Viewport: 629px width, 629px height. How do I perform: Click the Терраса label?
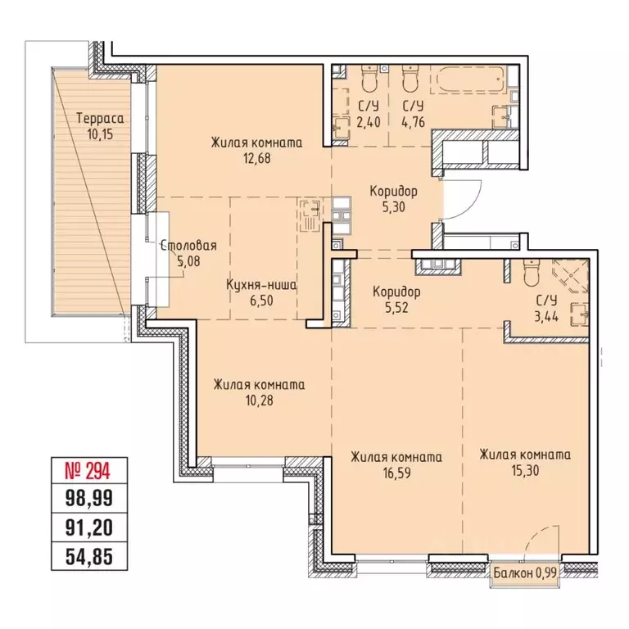pyautogui.click(x=100, y=119)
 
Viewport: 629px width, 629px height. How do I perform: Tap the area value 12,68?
pyautogui.click(x=256, y=158)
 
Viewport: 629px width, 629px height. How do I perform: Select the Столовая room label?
pyautogui.click(x=189, y=246)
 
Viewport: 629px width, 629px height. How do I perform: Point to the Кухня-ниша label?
pyautogui.click(x=261, y=285)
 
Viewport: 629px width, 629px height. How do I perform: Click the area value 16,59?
pyautogui.click(x=396, y=473)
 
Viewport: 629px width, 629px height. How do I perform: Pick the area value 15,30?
pyautogui.click(x=525, y=470)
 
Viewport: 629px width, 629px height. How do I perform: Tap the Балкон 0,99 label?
pyautogui.click(x=525, y=572)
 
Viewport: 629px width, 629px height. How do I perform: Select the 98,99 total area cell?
pyautogui.click(x=89, y=498)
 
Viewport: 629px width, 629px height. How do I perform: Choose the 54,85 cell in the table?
pyautogui.click(x=89, y=557)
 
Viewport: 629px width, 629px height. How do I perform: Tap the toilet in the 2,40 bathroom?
pyautogui.click(x=369, y=79)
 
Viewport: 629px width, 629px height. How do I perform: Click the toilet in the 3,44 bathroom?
pyautogui.click(x=531, y=273)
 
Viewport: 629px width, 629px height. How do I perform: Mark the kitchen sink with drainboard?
pyautogui.click(x=310, y=216)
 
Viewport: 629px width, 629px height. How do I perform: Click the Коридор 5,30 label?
pyautogui.click(x=393, y=199)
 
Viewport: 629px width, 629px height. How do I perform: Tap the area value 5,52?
pyautogui.click(x=396, y=308)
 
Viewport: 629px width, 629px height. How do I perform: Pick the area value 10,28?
pyautogui.click(x=259, y=400)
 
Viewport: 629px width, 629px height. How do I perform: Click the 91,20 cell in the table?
pyautogui.click(x=89, y=527)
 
